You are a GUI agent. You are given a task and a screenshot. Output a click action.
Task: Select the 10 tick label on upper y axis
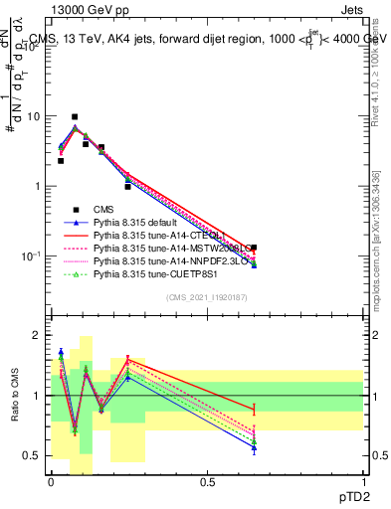coord(34,116)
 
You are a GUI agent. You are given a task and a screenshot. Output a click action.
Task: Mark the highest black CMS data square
coord(74,117)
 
